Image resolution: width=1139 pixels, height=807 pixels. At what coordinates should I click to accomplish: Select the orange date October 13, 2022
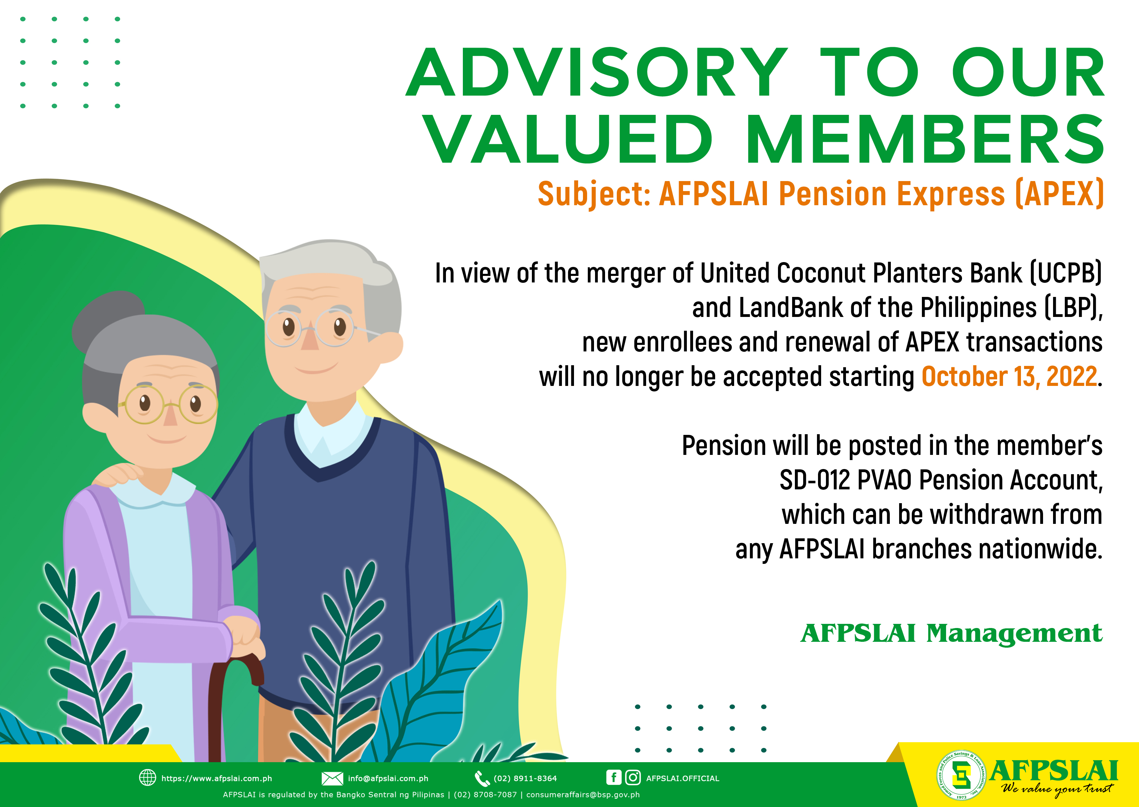1009,377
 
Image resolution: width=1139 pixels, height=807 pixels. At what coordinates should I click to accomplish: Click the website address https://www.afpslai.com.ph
216,778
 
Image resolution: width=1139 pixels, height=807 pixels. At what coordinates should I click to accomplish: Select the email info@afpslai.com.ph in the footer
388,778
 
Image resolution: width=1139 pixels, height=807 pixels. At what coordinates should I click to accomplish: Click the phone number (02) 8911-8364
525,778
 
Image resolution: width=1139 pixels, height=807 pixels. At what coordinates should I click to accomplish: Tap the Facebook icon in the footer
614,777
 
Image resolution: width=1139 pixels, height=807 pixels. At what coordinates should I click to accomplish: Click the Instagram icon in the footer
633,777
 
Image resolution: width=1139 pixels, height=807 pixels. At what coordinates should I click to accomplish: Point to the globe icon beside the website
148,778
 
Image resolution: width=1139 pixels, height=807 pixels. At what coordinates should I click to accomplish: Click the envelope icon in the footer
332,778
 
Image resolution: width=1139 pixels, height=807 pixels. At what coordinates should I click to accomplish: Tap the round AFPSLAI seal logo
962,775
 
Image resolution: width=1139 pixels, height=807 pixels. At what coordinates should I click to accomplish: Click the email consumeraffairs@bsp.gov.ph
583,795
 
